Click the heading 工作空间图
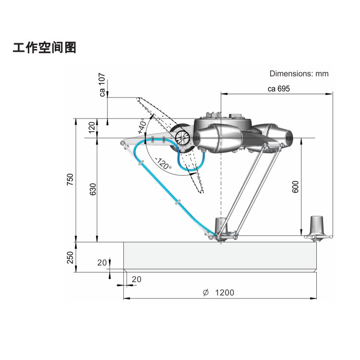tap(45, 48)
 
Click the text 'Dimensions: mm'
tap(299, 73)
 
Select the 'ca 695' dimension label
tap(278, 88)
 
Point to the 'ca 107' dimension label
tap(102, 85)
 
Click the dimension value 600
tap(296, 187)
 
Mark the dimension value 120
tap(92, 128)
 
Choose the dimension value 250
tap(70, 257)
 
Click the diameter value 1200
tap(225, 292)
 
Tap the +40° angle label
tap(142, 126)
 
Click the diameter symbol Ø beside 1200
tap(205, 292)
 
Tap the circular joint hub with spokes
tap(183, 138)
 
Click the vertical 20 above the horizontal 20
tap(102, 263)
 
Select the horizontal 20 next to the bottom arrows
tap(136, 279)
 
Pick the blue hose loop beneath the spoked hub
tap(191, 163)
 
